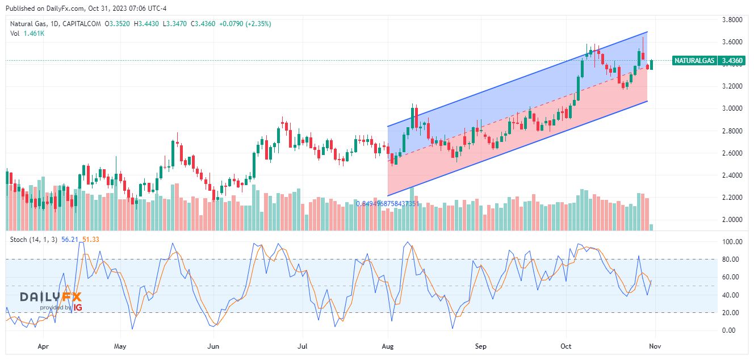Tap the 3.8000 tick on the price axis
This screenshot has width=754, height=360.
point(731,20)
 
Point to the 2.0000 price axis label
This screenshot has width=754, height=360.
point(731,220)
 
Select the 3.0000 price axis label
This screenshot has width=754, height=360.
point(731,108)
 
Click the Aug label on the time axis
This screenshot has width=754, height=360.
point(388,345)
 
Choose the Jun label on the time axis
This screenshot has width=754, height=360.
point(213,345)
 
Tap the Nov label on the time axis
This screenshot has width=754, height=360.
point(655,345)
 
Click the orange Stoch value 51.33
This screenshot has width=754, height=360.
point(91,240)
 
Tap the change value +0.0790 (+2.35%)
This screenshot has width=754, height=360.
point(245,24)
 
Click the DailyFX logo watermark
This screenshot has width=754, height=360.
point(51,298)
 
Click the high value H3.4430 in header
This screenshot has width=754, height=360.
point(149,24)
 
